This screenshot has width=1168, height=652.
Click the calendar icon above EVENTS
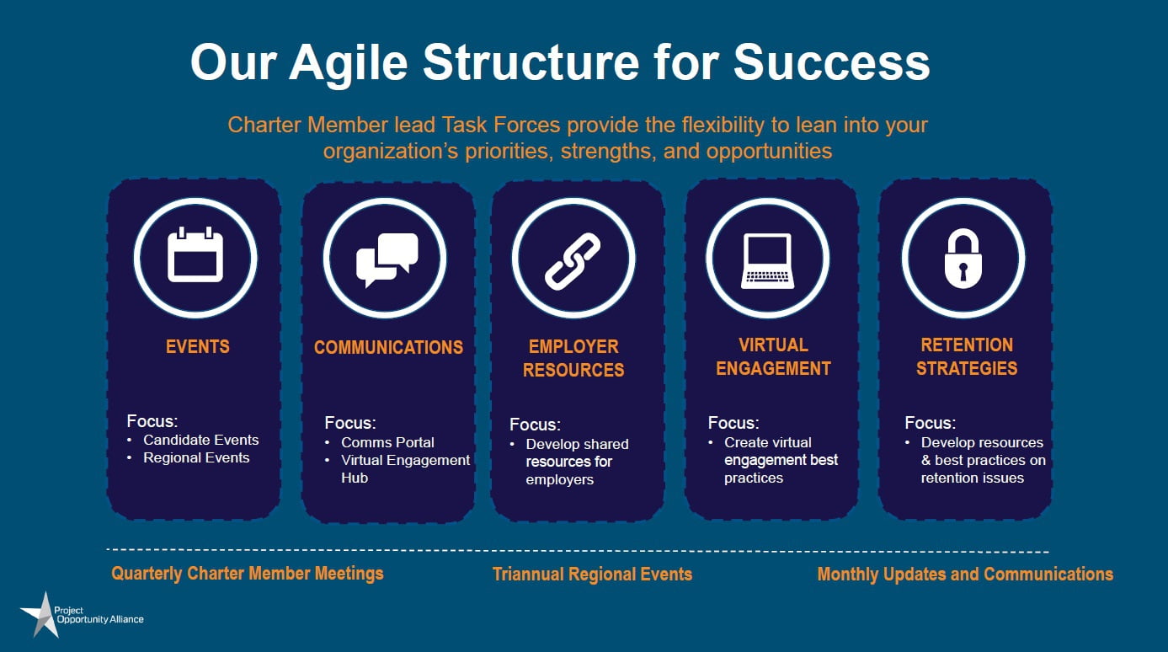click(x=195, y=256)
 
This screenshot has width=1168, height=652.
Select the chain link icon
click(x=573, y=260)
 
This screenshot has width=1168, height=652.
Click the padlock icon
click(x=963, y=258)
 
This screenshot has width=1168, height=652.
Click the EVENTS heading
click(x=198, y=346)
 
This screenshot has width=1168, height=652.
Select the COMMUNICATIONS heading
click(x=388, y=347)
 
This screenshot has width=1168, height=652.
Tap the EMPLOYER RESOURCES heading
click(x=573, y=358)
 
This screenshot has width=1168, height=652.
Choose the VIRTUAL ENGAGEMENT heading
click(x=773, y=356)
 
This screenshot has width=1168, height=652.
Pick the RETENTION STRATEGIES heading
click(x=967, y=356)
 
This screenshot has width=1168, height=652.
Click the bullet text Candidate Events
click(x=200, y=440)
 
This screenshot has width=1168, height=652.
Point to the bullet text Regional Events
click(x=196, y=457)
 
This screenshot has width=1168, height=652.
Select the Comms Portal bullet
click(x=387, y=442)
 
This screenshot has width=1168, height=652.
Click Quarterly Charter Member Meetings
click(x=248, y=574)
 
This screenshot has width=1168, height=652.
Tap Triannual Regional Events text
click(x=592, y=575)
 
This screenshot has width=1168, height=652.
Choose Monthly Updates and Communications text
click(x=965, y=575)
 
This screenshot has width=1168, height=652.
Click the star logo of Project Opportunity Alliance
click(x=39, y=614)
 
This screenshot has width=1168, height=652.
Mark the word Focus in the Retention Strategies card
click(x=930, y=422)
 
